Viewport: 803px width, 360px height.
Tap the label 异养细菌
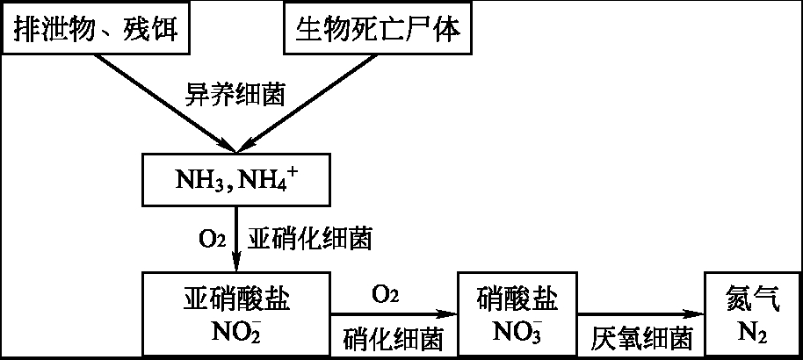[x=235, y=94]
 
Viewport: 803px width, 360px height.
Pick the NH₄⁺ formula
[x=270, y=180]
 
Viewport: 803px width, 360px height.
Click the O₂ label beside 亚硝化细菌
[x=212, y=240]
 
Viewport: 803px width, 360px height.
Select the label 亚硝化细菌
[x=310, y=239]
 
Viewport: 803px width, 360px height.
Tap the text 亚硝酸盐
[x=236, y=299]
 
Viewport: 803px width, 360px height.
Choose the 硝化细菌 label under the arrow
[x=393, y=339]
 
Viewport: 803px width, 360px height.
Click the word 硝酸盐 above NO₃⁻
[x=517, y=299]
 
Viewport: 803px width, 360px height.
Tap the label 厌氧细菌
[x=641, y=339]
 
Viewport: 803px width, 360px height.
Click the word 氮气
[x=754, y=299]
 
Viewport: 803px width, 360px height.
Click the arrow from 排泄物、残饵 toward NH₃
[x=164, y=103]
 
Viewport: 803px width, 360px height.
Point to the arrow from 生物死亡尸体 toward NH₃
[x=307, y=103]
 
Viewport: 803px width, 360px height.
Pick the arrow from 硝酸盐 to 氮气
[x=641, y=313]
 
